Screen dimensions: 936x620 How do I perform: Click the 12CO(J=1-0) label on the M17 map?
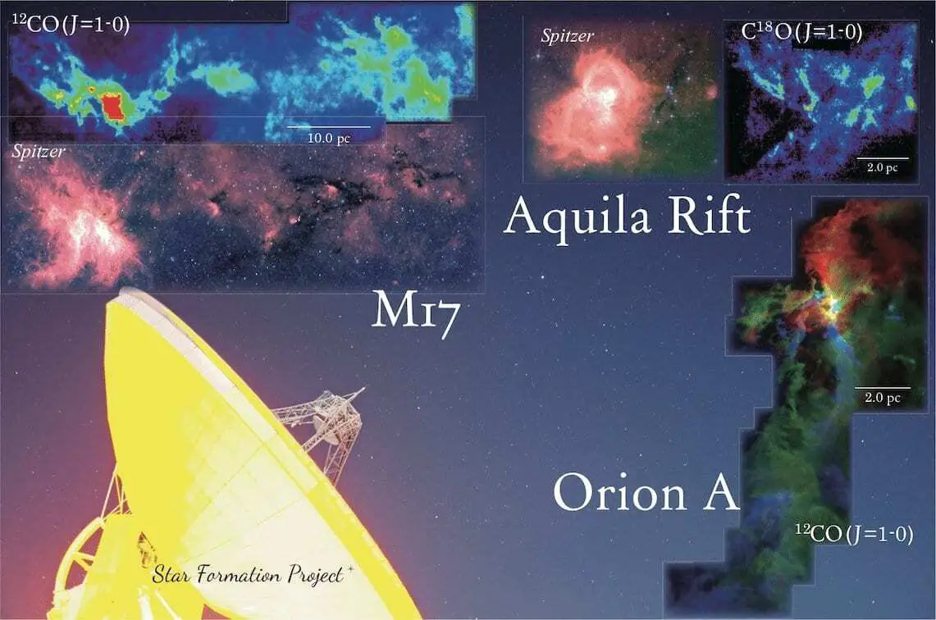pos(71,25)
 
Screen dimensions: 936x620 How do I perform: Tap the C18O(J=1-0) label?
pos(801,33)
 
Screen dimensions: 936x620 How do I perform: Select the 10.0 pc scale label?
pos(328,138)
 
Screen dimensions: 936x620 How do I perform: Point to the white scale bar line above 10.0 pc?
pos(328,127)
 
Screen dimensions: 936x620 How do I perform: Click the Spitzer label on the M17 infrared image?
pos(39,152)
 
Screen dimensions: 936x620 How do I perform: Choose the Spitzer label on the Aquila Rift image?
pos(567,36)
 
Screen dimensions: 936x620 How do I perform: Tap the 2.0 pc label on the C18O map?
pos(883,167)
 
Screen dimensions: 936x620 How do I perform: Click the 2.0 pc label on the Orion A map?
pos(883,398)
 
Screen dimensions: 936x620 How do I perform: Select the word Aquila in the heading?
pos(578,217)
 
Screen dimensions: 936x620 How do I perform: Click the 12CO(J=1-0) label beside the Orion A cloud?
pos(854,533)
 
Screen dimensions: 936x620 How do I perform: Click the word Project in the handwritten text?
pos(317,575)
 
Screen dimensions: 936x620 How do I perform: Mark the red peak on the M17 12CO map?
pos(112,107)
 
